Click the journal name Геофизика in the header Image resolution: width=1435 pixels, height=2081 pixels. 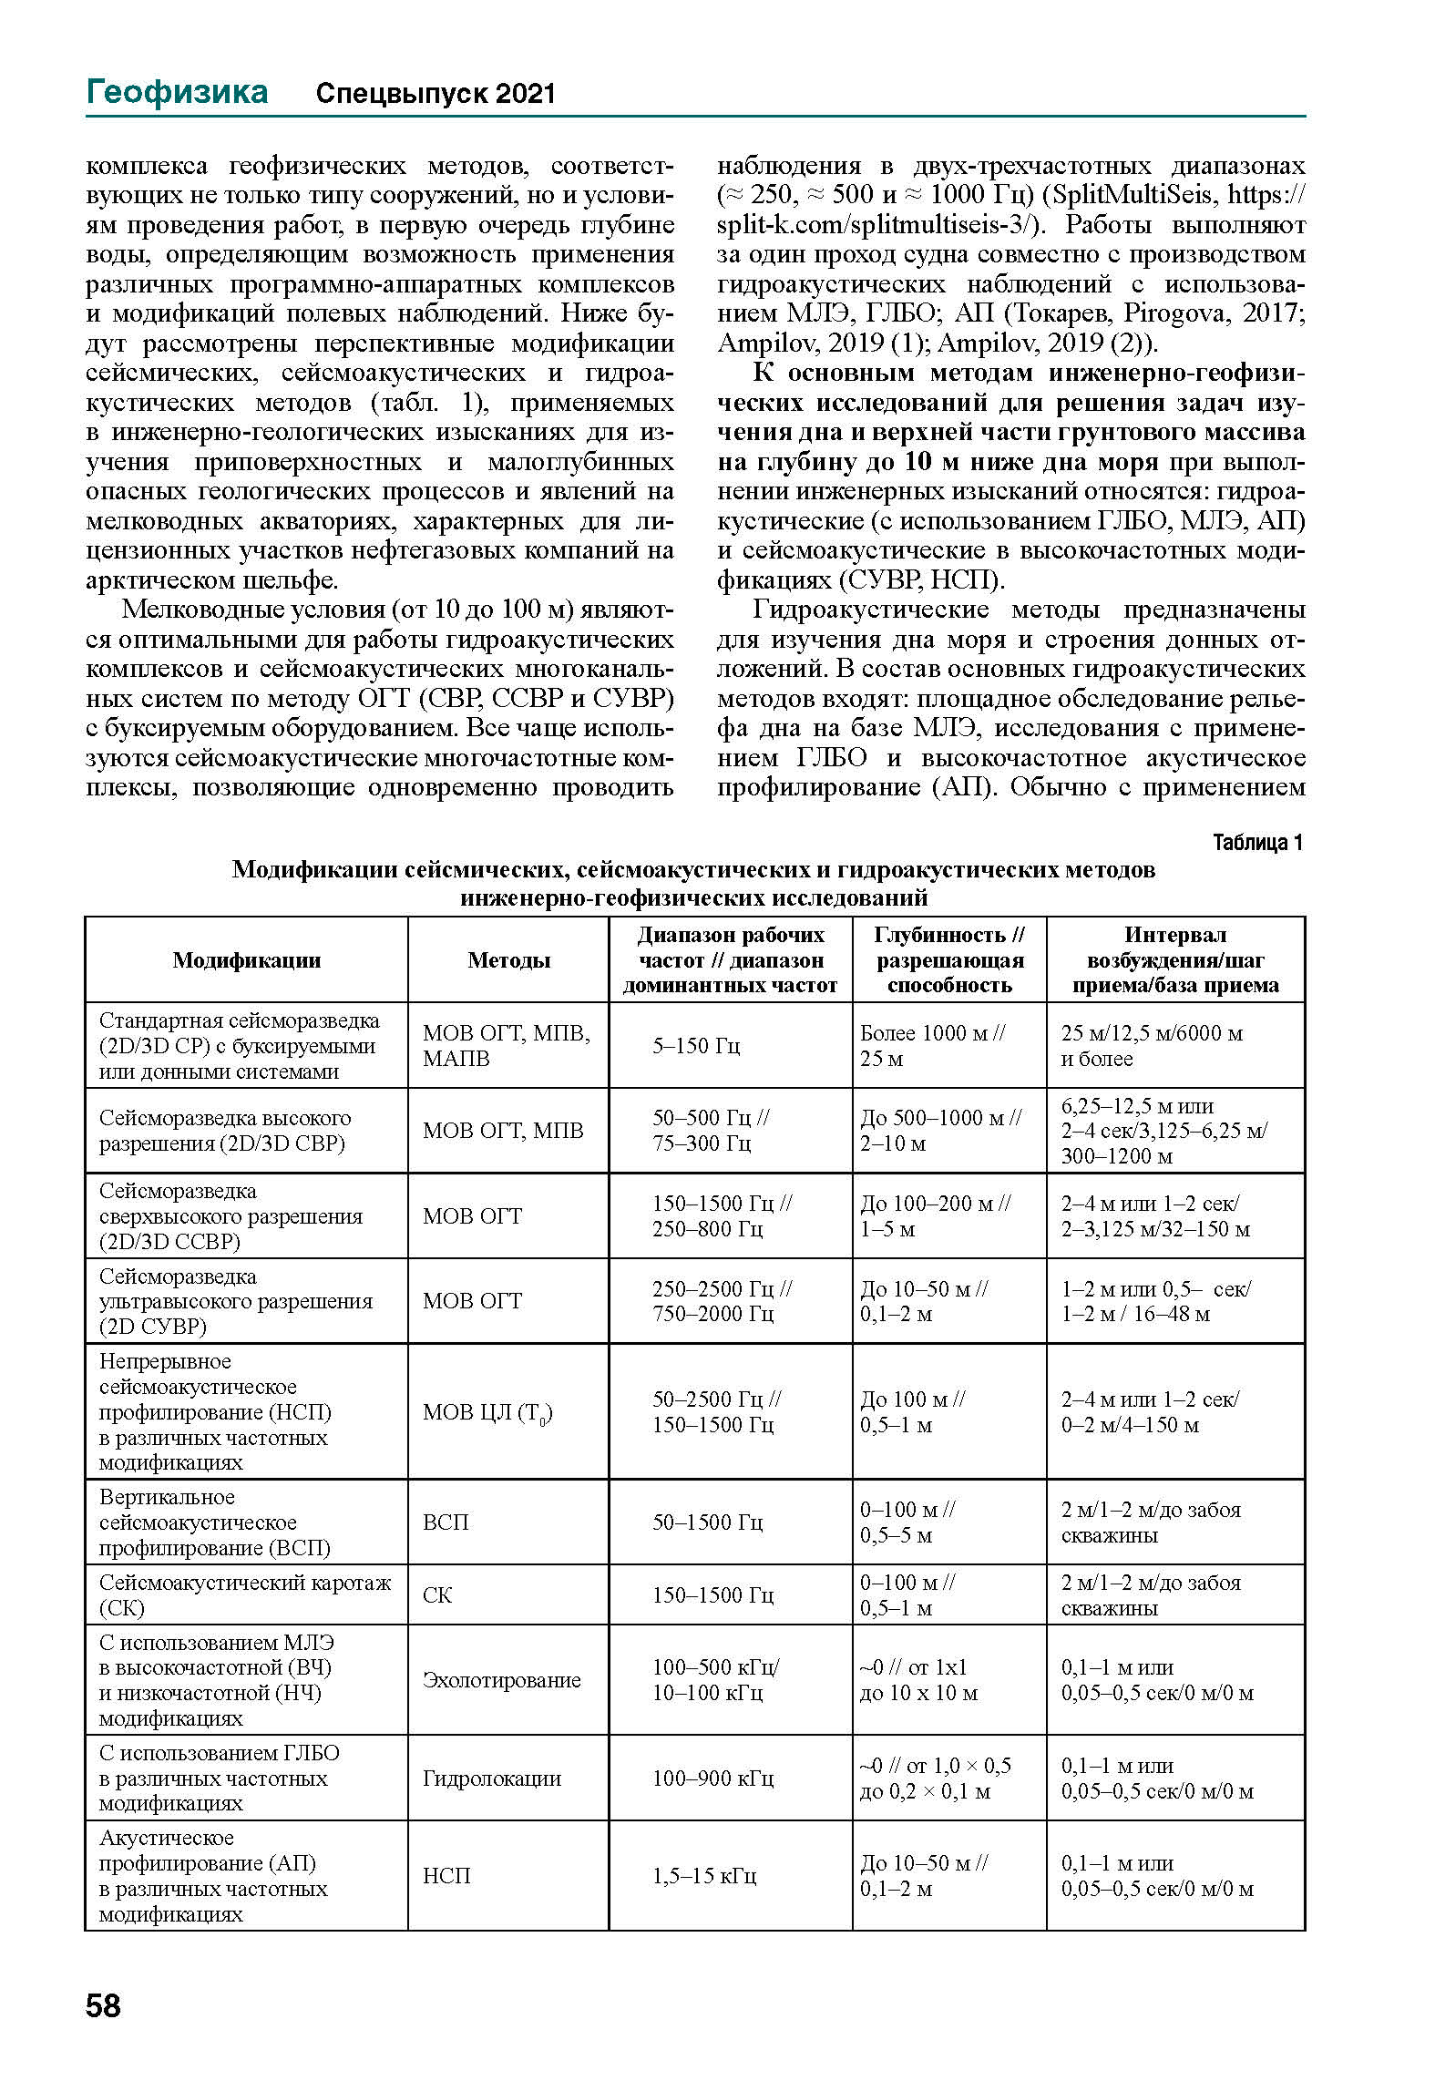tap(177, 92)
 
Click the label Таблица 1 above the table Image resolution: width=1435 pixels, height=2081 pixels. tap(1257, 842)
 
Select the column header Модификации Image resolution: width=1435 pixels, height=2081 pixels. tap(246, 959)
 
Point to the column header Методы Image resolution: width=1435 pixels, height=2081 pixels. tap(508, 959)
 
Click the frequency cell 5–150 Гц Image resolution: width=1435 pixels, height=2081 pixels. tap(696, 1045)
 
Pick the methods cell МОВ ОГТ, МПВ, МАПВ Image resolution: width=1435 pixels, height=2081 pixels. tap(506, 1045)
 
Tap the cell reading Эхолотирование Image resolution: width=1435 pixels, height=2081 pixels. tap(501, 1679)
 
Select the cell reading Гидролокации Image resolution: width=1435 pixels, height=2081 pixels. tap(491, 1778)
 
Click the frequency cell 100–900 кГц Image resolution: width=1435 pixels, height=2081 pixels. tap(712, 1778)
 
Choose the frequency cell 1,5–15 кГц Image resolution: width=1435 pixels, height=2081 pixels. tap(703, 1875)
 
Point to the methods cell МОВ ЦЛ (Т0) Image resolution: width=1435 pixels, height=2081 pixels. tap(487, 1412)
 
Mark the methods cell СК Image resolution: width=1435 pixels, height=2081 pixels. tap(437, 1594)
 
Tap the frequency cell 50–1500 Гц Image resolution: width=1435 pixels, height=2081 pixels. tap(707, 1522)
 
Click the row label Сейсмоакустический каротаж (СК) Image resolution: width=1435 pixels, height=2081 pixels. tap(244, 1594)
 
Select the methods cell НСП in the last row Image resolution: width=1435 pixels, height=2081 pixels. tap(446, 1875)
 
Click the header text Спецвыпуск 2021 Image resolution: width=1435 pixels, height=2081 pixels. tap(435, 94)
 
